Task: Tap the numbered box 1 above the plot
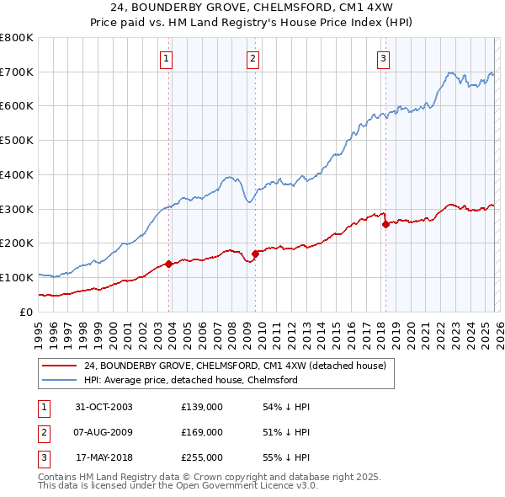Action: [167, 58]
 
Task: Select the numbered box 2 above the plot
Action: [253, 58]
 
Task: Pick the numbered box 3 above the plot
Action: [383, 58]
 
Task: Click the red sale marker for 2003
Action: [169, 264]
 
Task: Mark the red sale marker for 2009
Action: [255, 253]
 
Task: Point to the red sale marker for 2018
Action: [385, 224]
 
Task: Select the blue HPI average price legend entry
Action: [190, 380]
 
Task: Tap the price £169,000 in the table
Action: [201, 432]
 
